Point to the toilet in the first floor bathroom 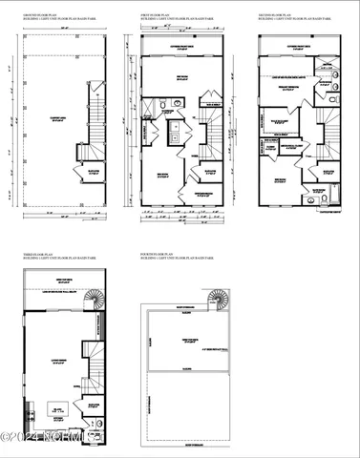[x=164, y=105]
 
